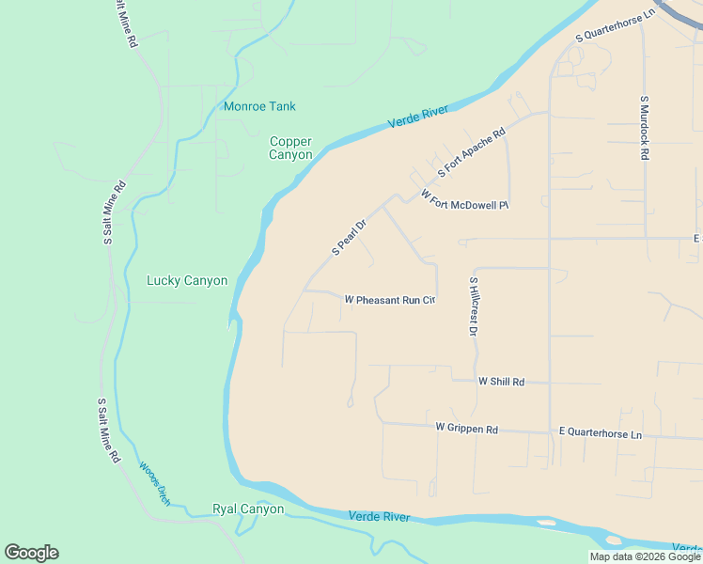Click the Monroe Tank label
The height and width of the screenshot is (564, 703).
pos(259,106)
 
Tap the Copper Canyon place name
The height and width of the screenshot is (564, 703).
pos(290,148)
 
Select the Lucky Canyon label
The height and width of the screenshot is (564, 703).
pos(187,280)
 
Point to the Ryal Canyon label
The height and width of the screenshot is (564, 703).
pos(248,509)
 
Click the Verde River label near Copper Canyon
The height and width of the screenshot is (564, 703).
pos(418,117)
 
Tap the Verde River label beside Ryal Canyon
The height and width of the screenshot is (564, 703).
pos(379,517)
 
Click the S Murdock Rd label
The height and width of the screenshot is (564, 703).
pos(645,127)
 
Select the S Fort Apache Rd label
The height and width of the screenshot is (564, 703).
pos(472,153)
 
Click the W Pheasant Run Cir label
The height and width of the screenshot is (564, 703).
pos(390,300)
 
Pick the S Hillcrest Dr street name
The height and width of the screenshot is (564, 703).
pos(474,306)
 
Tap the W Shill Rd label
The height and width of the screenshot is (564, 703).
pos(500,381)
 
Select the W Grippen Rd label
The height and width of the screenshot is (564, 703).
pos(466,428)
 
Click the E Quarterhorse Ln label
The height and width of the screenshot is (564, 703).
pos(600,433)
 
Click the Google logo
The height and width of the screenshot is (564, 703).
pos(31,553)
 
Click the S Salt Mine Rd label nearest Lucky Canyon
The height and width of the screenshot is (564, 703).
pos(109,212)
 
